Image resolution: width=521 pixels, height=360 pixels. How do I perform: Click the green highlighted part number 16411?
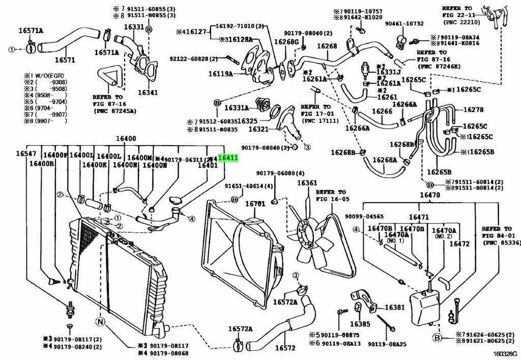pyautogui.click(x=228, y=158)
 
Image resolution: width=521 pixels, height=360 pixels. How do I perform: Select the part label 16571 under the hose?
pyautogui.click(x=65, y=60)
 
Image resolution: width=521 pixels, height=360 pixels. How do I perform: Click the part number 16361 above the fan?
pyautogui.click(x=307, y=183)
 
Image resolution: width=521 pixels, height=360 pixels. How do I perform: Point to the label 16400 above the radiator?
pyautogui.click(x=126, y=139)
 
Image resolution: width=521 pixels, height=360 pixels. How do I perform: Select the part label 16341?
pyautogui.click(x=148, y=93)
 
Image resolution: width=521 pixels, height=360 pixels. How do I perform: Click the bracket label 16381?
pyautogui.click(x=394, y=308)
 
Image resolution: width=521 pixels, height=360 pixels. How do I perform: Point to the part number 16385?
pyautogui.click(x=360, y=324)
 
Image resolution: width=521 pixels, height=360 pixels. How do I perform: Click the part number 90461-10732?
pyautogui.click(x=404, y=23)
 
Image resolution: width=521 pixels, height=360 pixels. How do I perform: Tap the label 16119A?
pyautogui.click(x=220, y=74)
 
